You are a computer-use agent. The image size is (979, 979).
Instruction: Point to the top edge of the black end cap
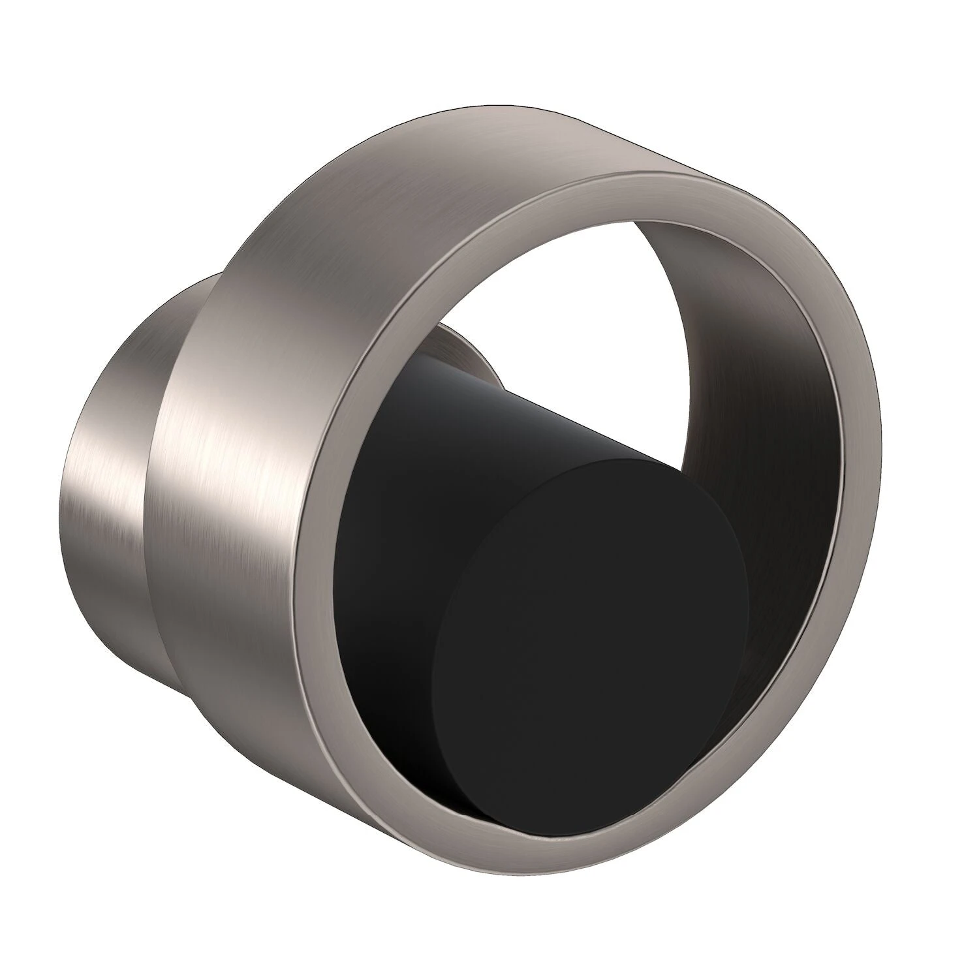tap(607, 460)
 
